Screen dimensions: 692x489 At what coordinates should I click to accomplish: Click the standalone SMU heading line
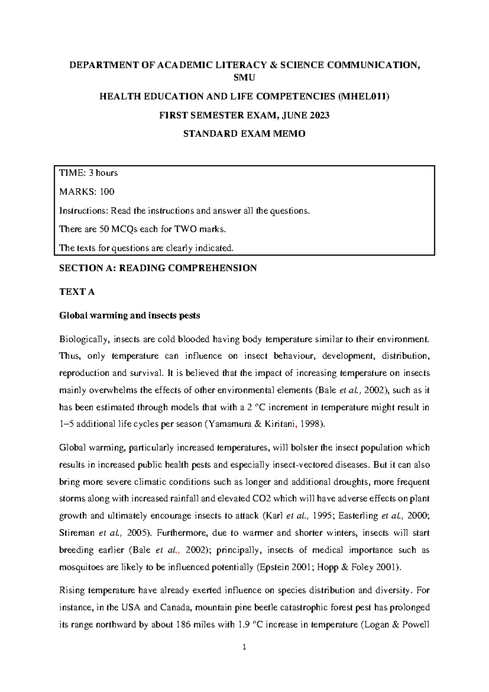pyautogui.click(x=244, y=78)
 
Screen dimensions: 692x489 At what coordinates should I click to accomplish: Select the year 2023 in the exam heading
pyautogui.click(x=319, y=115)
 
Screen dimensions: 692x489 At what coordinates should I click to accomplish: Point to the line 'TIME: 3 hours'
pyautogui.click(x=88, y=173)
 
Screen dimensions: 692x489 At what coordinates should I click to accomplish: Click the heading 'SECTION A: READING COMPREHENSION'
pyautogui.click(x=158, y=268)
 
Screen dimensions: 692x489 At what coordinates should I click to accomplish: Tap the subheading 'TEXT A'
pyautogui.click(x=77, y=292)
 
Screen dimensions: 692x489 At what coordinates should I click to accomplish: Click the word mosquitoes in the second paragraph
pyautogui.click(x=80, y=568)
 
